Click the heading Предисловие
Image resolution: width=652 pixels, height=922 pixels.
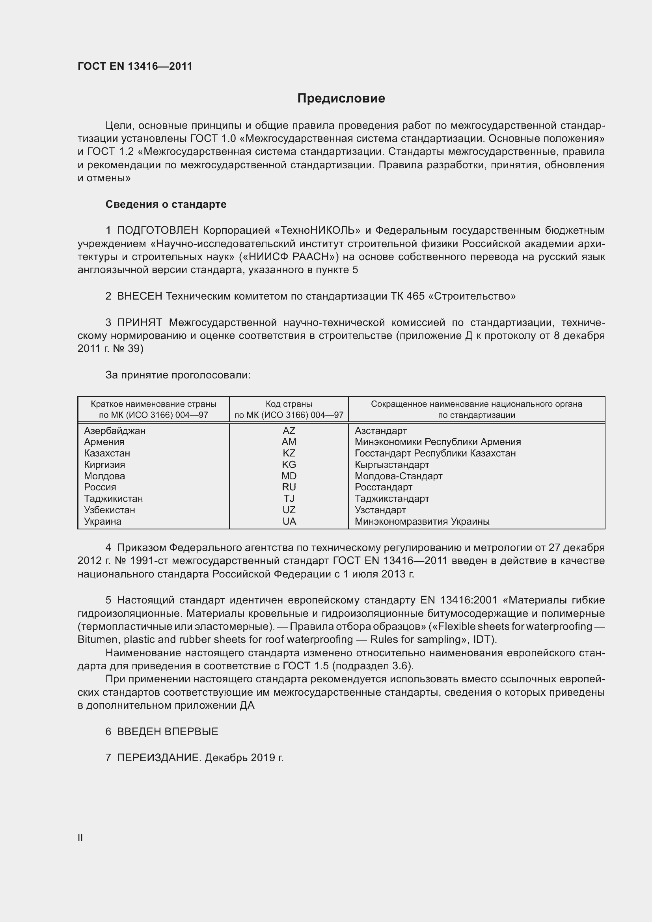tap(341, 99)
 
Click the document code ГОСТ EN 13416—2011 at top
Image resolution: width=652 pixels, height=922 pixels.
tap(135, 66)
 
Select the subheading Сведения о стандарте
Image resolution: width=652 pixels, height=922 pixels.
tap(166, 205)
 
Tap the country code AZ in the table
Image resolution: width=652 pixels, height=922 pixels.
tap(289, 431)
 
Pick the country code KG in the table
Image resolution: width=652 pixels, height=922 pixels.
tap(289, 465)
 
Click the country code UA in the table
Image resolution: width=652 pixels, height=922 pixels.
tap(289, 522)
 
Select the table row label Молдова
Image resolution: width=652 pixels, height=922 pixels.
tap(104, 476)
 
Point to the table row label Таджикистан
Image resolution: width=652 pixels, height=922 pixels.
tap(113, 499)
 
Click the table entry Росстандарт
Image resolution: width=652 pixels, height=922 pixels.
tap(384, 488)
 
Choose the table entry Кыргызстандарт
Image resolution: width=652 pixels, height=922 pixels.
tap(392, 465)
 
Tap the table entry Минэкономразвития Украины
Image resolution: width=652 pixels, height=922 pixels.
tap(422, 522)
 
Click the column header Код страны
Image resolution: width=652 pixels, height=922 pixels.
tap(289, 404)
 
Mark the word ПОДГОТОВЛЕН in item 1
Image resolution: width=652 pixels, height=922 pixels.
tap(157, 231)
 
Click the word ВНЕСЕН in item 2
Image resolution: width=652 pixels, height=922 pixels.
tap(139, 296)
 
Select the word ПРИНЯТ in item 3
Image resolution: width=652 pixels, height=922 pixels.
tap(139, 322)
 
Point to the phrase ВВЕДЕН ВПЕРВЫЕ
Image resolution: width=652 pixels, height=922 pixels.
tap(168, 732)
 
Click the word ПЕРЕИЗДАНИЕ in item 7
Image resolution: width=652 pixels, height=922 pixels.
tap(158, 758)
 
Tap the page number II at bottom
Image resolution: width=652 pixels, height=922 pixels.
tap(80, 837)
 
